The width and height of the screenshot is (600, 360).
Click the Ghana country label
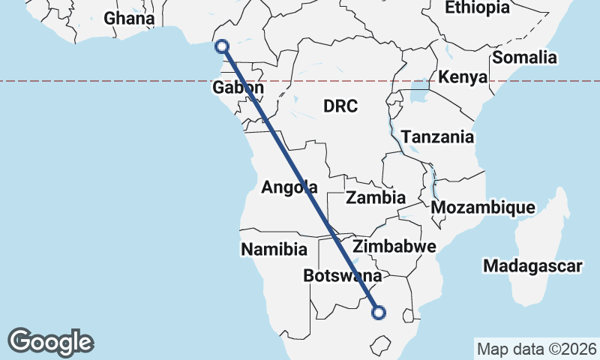pos(130,19)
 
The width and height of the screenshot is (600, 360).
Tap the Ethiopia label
pos(477,7)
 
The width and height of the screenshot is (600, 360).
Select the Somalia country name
pos(525,57)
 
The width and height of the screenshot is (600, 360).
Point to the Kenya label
pos(463,77)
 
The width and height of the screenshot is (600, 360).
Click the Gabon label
pos(238,88)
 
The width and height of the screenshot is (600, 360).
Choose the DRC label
pos(340,106)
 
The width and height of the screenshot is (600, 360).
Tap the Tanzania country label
pos(437,137)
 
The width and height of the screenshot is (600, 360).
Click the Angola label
pos(289,187)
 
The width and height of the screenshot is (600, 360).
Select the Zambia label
pos(376,198)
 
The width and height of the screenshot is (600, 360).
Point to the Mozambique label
pos(484,207)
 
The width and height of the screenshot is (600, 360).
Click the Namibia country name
pos(274,249)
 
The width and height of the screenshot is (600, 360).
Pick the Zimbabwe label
pos(394,247)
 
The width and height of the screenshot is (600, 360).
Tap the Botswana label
pos(343,276)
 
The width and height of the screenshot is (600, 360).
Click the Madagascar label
pos(533,266)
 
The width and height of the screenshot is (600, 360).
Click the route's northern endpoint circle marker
pos(221,46)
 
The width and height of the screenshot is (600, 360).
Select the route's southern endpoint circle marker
pos(379,312)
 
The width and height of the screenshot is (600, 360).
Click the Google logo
pos(50,342)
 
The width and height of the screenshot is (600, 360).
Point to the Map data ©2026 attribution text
pos(537,349)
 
